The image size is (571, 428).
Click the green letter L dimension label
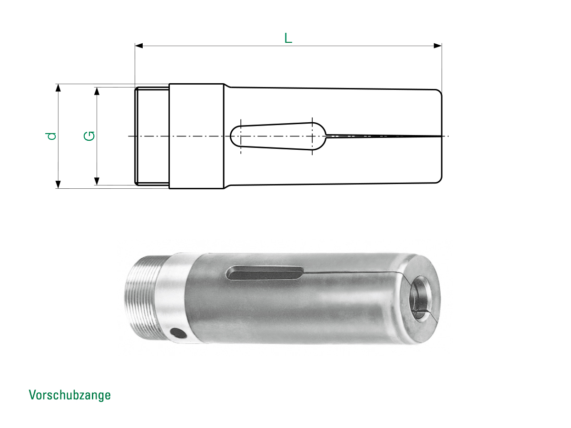pos(288,38)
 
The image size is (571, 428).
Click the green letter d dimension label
pos(51,136)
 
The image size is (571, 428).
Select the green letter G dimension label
pos(89,136)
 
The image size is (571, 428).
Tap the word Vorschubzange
pos(70,395)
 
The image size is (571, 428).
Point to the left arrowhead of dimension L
pos(139,46)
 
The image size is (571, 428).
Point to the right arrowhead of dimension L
pos(438,46)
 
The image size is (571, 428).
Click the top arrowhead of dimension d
pos(58,88)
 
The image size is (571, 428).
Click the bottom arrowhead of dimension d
pos(58,184)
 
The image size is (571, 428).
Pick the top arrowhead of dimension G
pos(97,91)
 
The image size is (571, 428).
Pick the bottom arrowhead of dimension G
pos(97,181)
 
